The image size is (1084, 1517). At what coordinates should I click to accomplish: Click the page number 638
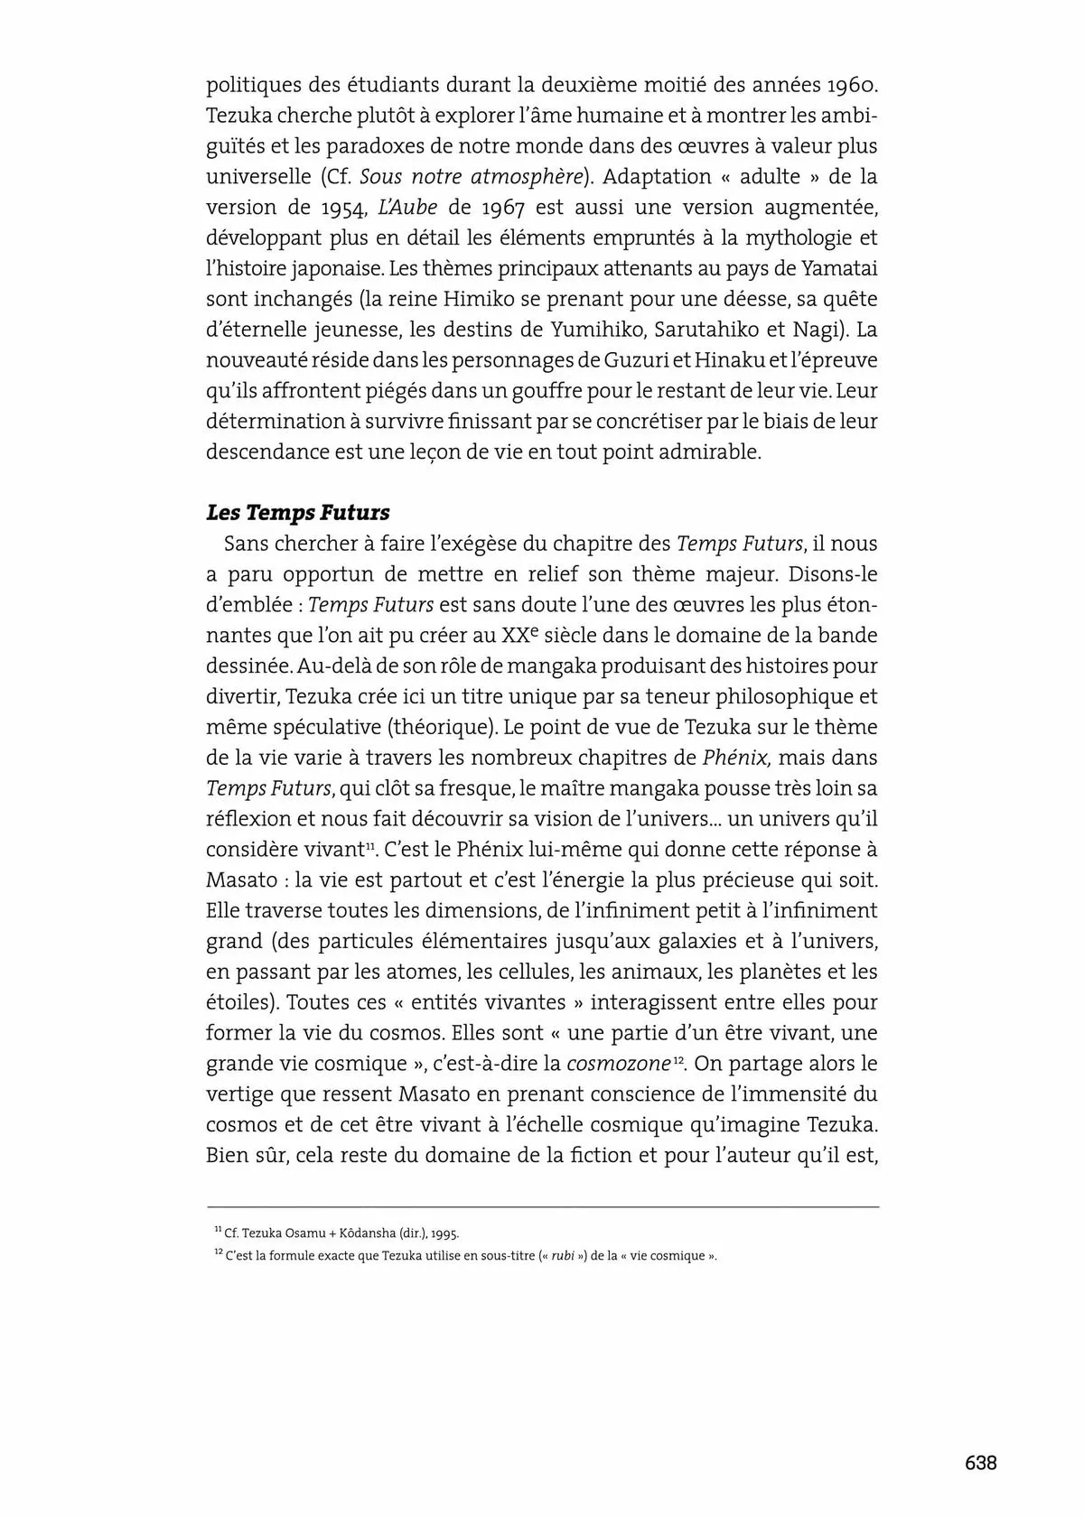pyautogui.click(x=979, y=1463)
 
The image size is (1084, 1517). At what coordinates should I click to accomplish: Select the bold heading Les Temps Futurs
pyautogui.click(x=298, y=513)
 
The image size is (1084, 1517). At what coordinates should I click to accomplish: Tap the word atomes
pyautogui.click(x=416, y=972)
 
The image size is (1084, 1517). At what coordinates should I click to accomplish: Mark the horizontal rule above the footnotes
pyautogui.click(x=542, y=1206)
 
